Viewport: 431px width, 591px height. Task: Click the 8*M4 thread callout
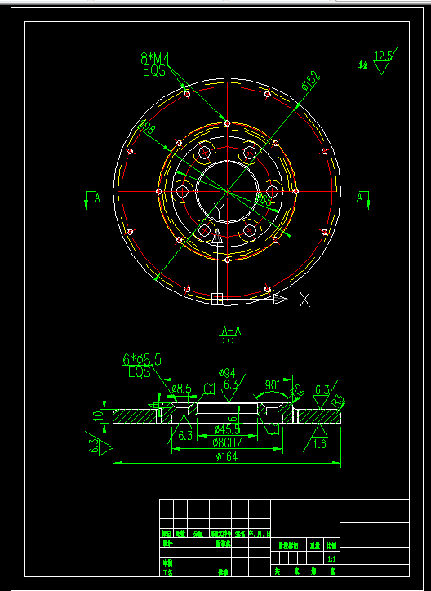153,58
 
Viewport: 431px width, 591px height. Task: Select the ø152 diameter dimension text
309,81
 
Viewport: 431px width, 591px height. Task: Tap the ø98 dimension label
147,127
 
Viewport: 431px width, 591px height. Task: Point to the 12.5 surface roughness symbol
383,57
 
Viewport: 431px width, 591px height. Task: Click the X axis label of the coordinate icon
304,300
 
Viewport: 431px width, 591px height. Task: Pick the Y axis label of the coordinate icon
216,211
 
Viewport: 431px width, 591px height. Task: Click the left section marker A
96,198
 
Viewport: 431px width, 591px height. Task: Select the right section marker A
360,198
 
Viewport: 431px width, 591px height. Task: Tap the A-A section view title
231,331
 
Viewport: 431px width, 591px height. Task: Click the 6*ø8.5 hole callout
141,359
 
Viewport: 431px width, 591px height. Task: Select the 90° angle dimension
272,384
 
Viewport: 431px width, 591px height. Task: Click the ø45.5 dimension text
226,429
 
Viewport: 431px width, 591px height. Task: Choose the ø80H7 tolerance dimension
228,442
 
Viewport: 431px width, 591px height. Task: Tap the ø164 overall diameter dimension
227,457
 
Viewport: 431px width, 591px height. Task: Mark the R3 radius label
339,402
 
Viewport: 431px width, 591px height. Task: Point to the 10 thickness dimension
98,415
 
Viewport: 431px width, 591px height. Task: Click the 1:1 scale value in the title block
331,560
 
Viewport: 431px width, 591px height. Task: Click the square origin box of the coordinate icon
217,299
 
